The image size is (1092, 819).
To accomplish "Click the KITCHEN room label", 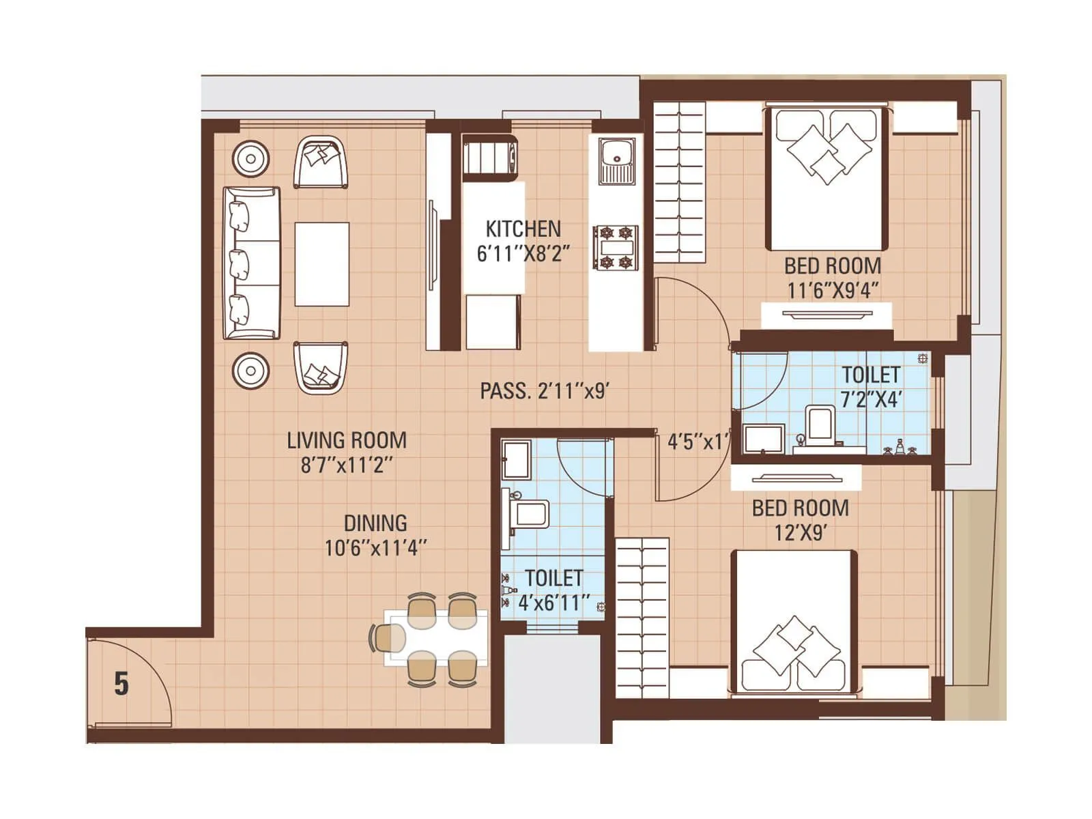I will [523, 229].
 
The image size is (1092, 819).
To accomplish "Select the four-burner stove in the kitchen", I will [615, 248].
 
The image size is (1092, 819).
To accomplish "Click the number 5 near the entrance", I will [121, 683].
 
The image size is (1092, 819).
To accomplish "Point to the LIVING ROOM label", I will [346, 440].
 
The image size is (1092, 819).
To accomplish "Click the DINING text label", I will [375, 523].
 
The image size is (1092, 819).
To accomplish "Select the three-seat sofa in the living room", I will [251, 263].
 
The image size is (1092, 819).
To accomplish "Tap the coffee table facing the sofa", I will [322, 263].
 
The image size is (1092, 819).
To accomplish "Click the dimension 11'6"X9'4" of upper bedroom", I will [832, 290].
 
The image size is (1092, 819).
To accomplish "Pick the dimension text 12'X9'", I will [801, 532].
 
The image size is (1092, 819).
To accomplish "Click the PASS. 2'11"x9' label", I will [544, 391].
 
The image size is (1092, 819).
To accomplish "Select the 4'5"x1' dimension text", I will [698, 442].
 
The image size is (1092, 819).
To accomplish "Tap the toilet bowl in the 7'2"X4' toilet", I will [819, 426].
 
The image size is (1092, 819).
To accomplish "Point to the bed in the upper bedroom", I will [827, 177].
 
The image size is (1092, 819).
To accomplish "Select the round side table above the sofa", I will [250, 159].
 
